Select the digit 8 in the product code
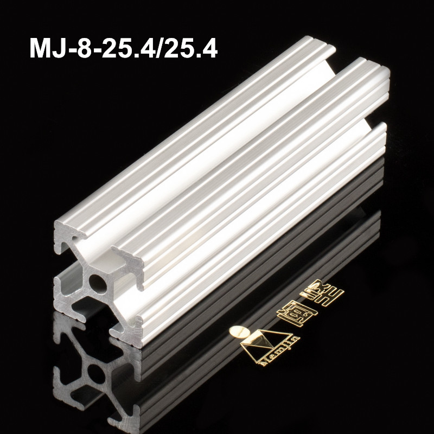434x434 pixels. [82, 48]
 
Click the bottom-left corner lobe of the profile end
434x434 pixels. [64, 296]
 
